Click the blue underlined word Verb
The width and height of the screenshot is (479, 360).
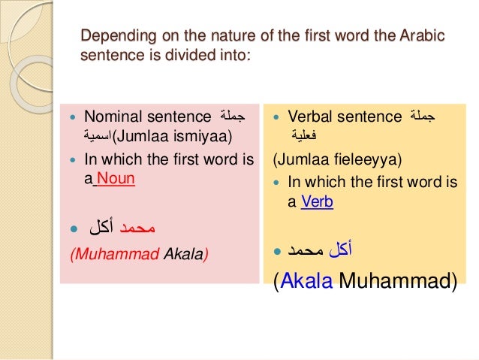pyautogui.click(x=317, y=201)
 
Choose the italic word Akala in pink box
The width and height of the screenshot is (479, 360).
pyautogui.click(x=185, y=254)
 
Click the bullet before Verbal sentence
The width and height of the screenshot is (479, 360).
pyautogui.click(x=276, y=117)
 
